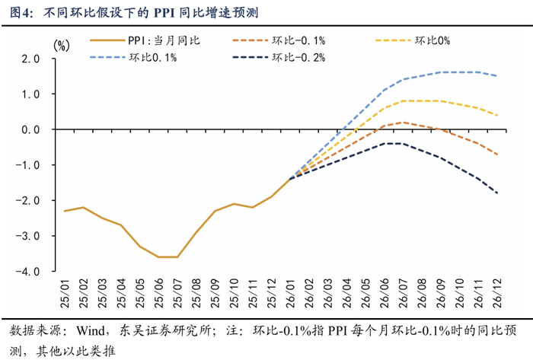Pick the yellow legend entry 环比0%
pos(433,40)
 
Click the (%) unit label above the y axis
pos(60,45)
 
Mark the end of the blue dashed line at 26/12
pos(497,76)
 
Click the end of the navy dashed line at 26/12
pos(497,193)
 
